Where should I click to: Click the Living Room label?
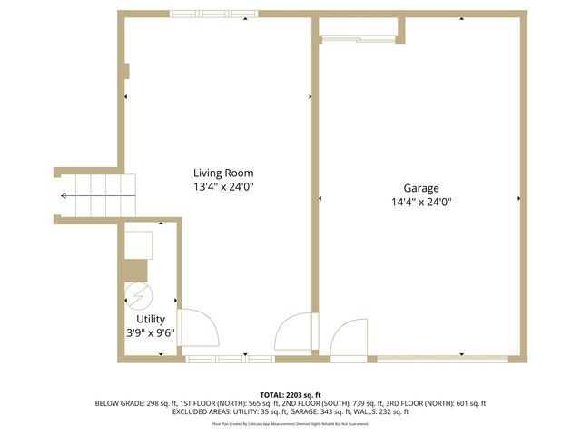pos(223,173)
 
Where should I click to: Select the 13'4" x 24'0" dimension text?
pos(223,187)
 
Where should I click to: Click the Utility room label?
pos(151,319)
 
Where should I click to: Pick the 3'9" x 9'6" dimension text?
pos(151,332)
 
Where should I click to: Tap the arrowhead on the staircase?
pos(64,195)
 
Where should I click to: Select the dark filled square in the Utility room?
pos(135,270)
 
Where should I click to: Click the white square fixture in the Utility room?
pos(139,244)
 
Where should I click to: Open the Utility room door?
pos(197,328)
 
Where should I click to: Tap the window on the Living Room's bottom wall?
pos(231,360)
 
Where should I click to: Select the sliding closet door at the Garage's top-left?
pos(359,38)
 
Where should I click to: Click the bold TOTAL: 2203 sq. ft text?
pos(290,394)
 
